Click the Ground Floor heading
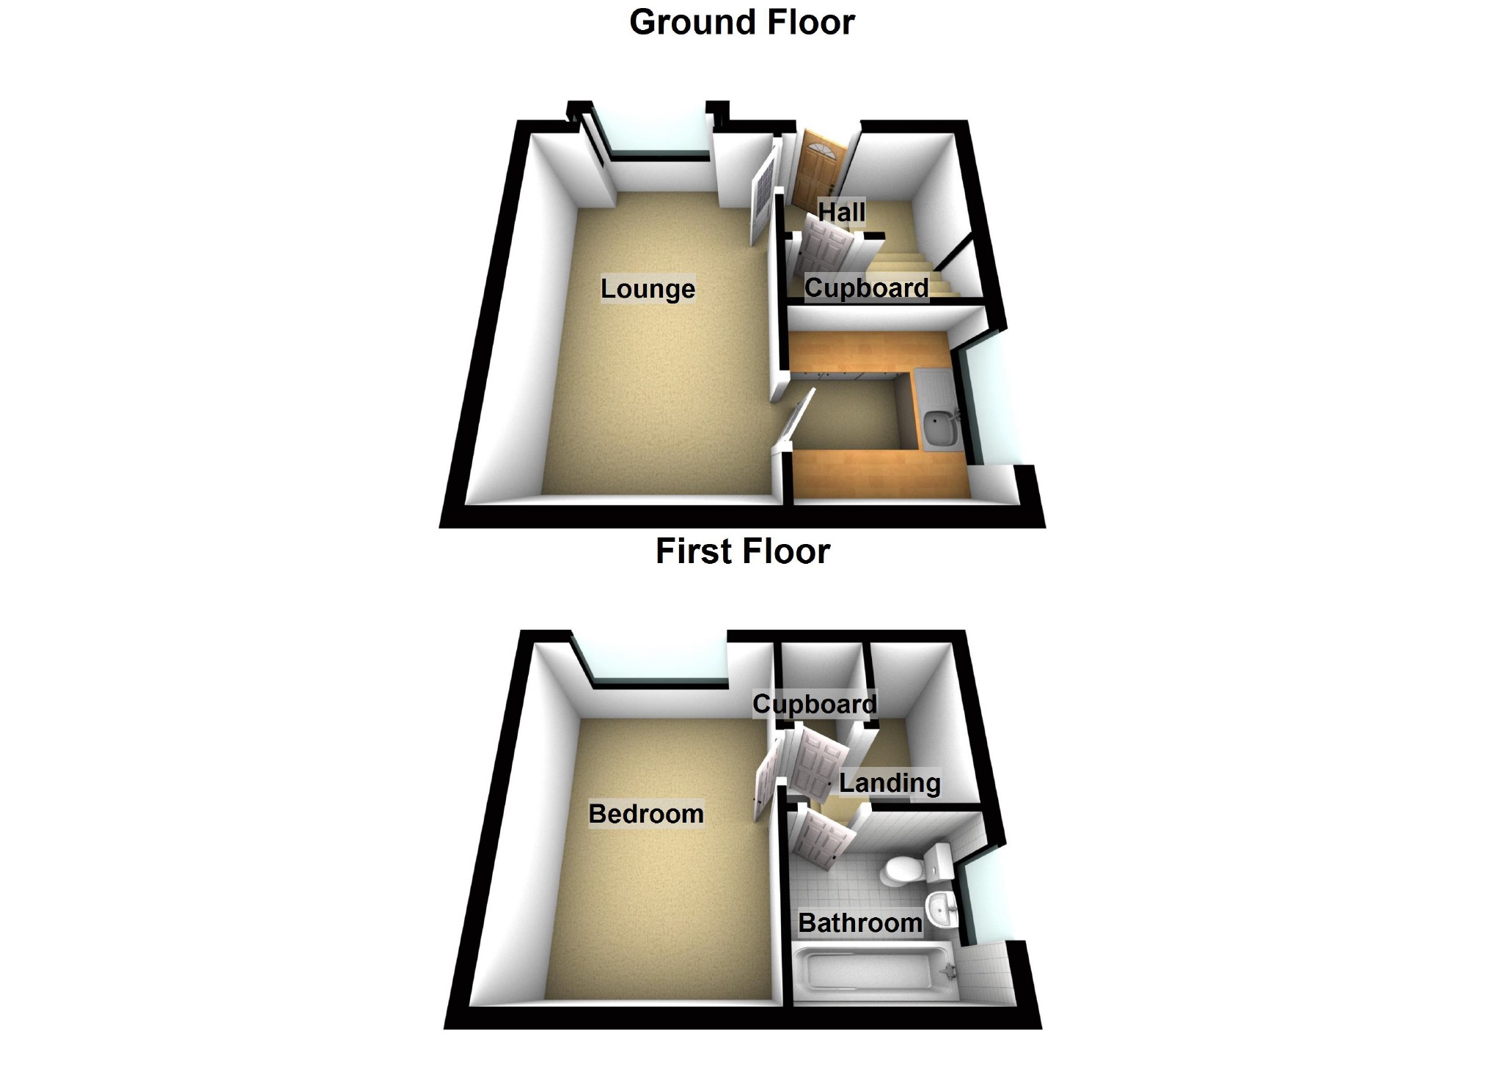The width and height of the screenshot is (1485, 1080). click(741, 22)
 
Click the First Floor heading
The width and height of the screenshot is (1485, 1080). click(742, 551)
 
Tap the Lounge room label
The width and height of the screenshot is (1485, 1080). click(648, 289)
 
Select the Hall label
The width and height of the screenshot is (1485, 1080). click(841, 212)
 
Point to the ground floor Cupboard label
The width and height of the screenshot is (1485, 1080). click(866, 287)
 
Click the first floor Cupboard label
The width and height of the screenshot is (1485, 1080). click(814, 704)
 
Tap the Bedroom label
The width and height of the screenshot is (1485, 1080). click(646, 814)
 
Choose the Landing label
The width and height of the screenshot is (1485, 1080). click(889, 783)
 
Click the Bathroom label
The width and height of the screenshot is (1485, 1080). click(859, 922)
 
